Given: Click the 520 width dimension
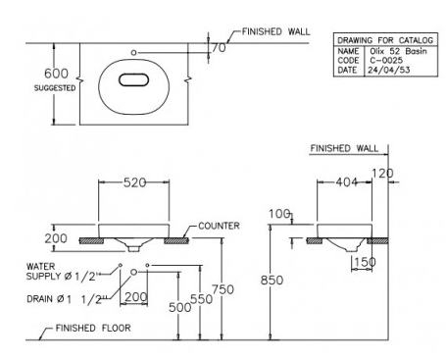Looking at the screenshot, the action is [x=134, y=182].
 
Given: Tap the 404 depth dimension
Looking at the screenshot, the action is [x=347, y=182].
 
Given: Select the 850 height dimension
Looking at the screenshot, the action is [x=272, y=281].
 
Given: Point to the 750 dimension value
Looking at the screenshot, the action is [x=223, y=289].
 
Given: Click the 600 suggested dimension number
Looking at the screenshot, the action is [x=56, y=74].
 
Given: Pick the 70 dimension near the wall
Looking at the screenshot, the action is [x=219, y=48].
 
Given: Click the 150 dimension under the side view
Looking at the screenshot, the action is [x=366, y=262].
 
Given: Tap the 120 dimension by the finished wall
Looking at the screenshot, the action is [x=382, y=173].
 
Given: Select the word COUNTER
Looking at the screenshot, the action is [x=219, y=226].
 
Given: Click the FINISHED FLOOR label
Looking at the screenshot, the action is [x=93, y=328].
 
